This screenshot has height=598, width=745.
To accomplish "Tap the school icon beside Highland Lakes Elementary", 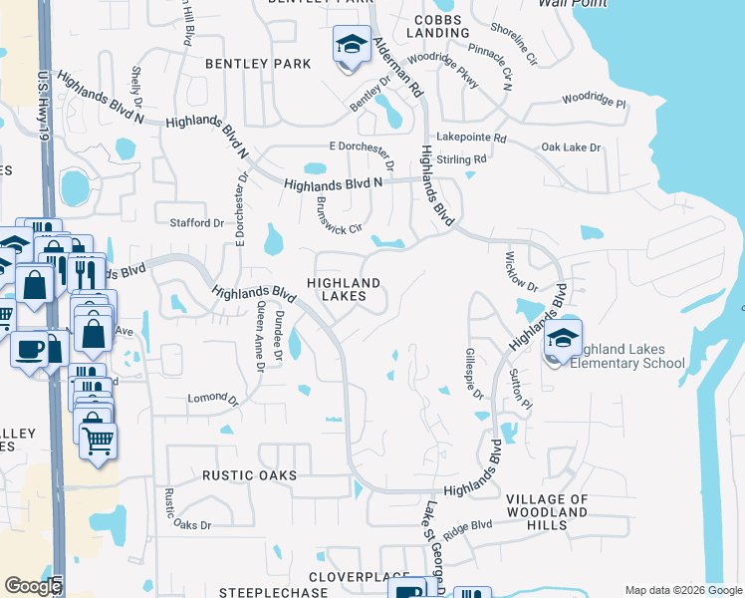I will pos(563,340).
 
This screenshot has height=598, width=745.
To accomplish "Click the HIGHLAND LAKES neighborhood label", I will pos(344,290).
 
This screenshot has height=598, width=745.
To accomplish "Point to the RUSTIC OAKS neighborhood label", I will pos(249,476).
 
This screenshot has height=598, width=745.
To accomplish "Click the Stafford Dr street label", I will pos(197,223).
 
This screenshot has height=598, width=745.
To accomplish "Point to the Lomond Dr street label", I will pos(213,400).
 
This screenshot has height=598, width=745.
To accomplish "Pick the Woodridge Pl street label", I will pos(593,101).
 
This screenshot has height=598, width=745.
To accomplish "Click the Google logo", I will pos(33,586).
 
